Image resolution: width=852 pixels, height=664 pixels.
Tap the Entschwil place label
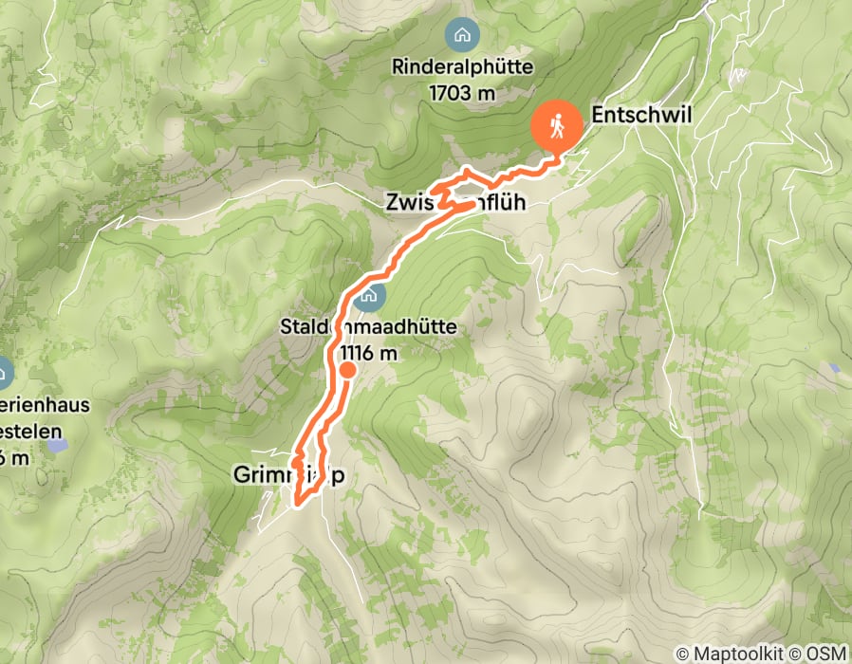point(642,115)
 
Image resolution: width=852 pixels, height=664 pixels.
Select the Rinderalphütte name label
point(462,68)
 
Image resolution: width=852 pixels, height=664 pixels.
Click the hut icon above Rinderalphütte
point(462,37)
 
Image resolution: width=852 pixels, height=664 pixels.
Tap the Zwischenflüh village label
point(454,202)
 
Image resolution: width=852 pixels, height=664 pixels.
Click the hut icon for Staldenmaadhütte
point(369,296)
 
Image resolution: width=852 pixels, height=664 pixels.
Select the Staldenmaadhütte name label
point(369,328)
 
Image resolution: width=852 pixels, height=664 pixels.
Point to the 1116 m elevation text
point(369,353)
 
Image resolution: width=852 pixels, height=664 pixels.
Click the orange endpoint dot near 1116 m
point(347,371)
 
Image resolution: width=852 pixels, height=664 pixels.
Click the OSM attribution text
point(826,654)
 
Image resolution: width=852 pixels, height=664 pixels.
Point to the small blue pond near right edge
point(833,367)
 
